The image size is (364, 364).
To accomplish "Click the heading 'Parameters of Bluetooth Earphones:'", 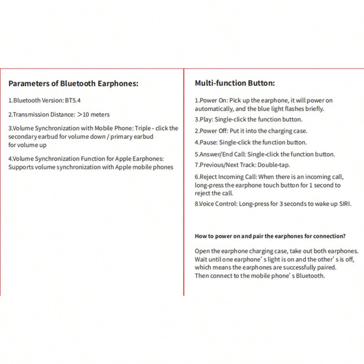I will click(x=73, y=84).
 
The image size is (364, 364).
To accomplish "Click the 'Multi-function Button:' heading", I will click(x=235, y=83).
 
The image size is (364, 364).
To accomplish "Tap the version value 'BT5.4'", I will click(x=73, y=100).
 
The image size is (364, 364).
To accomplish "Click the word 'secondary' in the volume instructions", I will click(x=22, y=137).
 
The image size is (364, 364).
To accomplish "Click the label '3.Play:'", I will click(x=203, y=119).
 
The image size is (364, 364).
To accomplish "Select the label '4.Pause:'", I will click(x=206, y=142).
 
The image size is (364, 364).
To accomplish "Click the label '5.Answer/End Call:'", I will click(x=220, y=154).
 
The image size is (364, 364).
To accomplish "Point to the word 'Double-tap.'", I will click(x=273, y=165).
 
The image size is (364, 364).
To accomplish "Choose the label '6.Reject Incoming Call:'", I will click(x=226, y=177).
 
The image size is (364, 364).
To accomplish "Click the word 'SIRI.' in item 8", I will click(x=345, y=204).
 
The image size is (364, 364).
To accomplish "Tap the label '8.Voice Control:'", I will click(x=216, y=204).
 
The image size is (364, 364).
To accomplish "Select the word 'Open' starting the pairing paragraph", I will click(x=202, y=251).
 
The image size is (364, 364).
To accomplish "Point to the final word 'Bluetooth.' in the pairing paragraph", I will click(x=310, y=276).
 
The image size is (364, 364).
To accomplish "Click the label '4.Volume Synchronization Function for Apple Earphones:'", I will click(x=86, y=159).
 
